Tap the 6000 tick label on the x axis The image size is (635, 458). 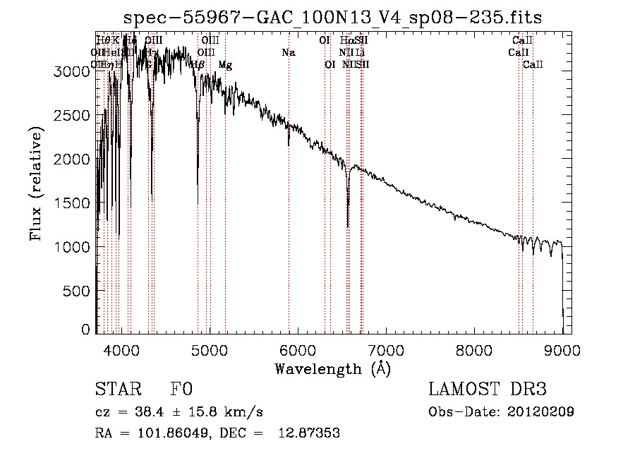(298, 349)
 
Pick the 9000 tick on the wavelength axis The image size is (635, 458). (562, 349)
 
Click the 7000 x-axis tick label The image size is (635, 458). (386, 349)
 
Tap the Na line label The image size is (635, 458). (288, 52)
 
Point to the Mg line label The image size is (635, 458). (225, 65)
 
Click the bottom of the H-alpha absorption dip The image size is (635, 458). (348, 226)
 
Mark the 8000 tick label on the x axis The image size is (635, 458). (474, 349)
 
